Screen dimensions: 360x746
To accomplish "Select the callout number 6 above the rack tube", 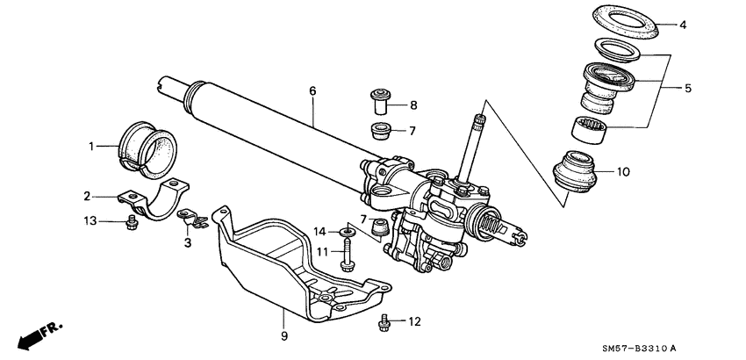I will pos(312,90).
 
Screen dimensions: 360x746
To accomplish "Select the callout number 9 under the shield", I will pos(283,335).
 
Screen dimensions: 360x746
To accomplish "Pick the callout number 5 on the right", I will pos(688,89).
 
